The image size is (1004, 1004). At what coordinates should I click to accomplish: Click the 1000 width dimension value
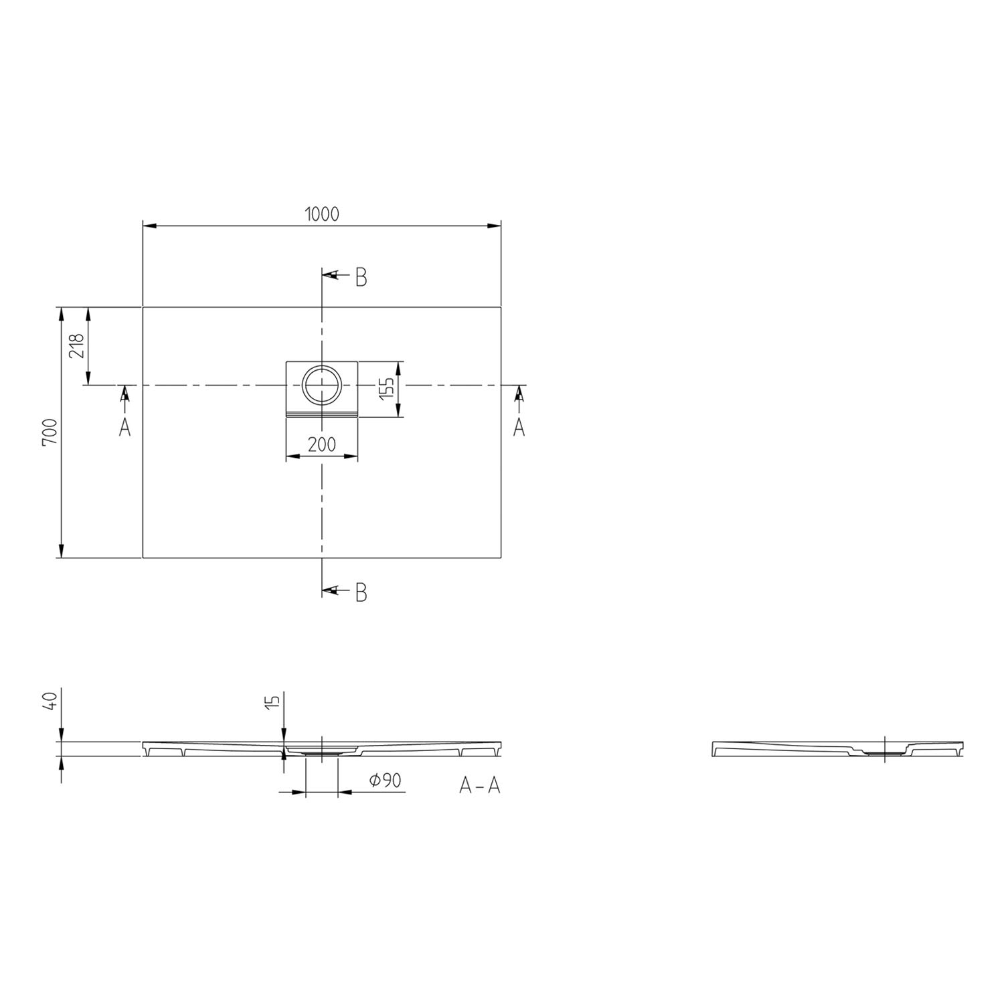[322, 214]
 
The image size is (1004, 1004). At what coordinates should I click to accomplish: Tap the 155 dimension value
[386, 388]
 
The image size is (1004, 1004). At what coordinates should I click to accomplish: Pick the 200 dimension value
[322, 444]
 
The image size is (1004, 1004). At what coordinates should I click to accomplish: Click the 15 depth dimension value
[272, 701]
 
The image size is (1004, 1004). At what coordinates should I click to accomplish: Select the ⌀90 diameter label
[386, 780]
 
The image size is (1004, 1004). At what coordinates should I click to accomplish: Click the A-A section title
[480, 785]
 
